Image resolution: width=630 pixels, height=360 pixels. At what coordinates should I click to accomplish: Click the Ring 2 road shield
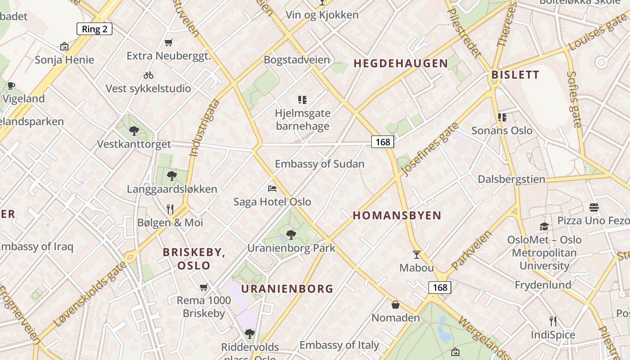point(94,29)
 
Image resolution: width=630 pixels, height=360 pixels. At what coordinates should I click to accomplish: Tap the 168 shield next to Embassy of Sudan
point(382,142)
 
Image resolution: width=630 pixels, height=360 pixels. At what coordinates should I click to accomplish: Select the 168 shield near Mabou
point(440,288)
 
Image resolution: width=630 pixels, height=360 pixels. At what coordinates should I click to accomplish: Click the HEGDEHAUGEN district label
point(401,63)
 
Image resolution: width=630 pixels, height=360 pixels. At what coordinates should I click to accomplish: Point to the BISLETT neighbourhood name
point(515,75)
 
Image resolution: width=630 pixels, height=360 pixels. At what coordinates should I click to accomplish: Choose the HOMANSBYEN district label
point(397,216)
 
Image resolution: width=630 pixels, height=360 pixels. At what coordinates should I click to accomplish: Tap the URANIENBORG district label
point(287,289)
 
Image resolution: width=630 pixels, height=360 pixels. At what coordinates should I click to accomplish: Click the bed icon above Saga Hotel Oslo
point(272,188)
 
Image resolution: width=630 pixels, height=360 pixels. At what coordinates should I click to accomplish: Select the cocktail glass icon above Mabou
point(417,255)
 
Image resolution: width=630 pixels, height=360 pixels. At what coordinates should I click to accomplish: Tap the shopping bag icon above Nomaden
point(396,305)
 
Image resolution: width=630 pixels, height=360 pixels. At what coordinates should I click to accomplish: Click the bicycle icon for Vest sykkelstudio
point(148,75)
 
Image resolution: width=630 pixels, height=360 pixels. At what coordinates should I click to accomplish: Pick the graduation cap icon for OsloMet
point(544,226)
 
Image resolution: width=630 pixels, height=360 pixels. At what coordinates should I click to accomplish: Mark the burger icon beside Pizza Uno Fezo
point(594,207)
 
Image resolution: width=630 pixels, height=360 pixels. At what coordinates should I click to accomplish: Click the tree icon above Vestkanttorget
point(134,131)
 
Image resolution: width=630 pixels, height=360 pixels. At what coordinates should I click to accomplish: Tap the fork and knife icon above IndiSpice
point(553,321)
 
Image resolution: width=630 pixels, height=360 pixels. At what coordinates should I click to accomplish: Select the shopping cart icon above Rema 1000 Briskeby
point(203,287)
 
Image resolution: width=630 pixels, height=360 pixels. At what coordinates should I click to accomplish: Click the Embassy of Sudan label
point(319,164)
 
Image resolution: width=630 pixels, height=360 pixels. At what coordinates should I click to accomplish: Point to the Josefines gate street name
point(429,149)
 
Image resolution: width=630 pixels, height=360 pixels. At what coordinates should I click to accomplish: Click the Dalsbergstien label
point(511,179)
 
